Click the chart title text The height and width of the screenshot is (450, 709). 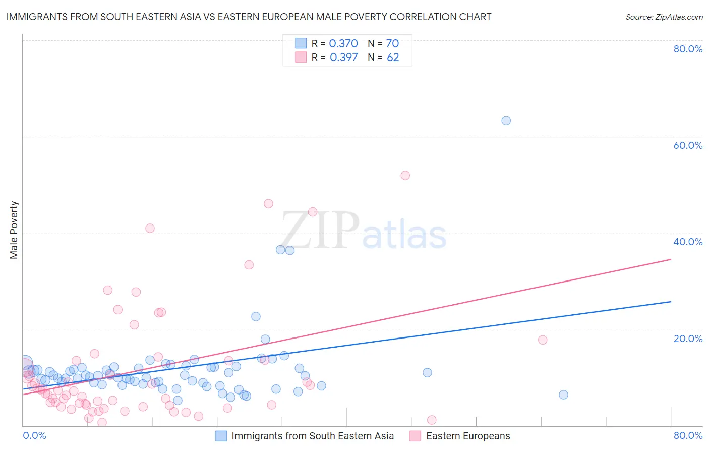click(249, 17)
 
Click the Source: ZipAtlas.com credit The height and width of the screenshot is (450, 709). click(664, 17)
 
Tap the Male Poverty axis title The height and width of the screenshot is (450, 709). click(14, 230)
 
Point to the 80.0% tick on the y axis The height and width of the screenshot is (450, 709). click(688, 49)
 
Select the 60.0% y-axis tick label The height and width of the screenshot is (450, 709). click(688, 145)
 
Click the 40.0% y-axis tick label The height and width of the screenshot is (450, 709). click(688, 242)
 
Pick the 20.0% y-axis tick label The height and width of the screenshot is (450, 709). click(688, 339)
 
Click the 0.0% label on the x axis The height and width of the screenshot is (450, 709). click(34, 435)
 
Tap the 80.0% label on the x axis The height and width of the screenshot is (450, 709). click(688, 435)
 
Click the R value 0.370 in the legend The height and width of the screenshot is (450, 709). click(343, 44)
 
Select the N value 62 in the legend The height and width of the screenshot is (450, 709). click(393, 58)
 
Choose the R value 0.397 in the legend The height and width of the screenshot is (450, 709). click(343, 58)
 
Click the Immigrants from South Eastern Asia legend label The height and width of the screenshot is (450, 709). click(312, 436)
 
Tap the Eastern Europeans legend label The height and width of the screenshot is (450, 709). click(467, 436)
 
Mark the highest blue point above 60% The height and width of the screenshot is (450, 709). click(506, 121)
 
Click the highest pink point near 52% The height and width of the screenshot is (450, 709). click(405, 176)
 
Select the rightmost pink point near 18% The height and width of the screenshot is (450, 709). click(543, 340)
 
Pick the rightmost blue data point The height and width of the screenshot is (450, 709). click(563, 395)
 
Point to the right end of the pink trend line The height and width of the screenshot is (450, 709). click(671, 259)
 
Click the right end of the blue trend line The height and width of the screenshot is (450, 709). click(671, 302)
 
